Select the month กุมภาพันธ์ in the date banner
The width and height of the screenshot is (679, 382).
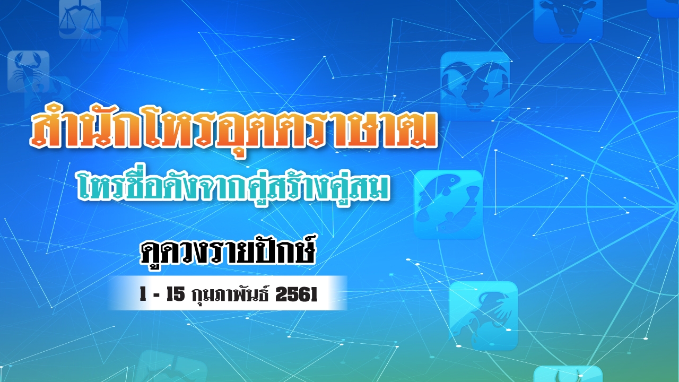tap(229, 295)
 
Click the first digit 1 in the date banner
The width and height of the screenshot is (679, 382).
tap(143, 295)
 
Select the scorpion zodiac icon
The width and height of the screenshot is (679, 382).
tap(28, 72)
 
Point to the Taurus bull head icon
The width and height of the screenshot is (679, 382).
tap(568, 19)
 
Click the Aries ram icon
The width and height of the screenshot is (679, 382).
tap(475, 85)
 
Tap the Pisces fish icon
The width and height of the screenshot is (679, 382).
tap(448, 204)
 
